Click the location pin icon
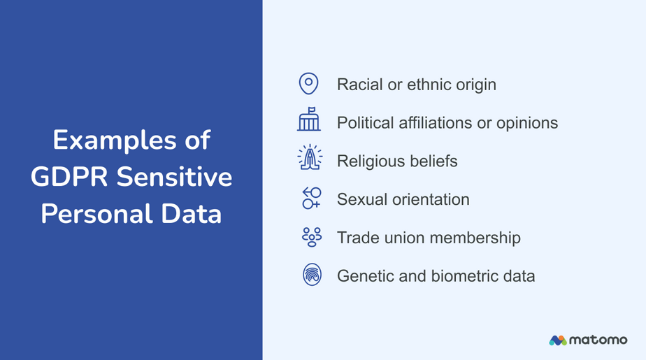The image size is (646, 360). coord(308,84)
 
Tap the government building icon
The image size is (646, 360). coord(309,120)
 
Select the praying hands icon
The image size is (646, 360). coord(310,157)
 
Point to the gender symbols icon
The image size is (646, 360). coord(312,198)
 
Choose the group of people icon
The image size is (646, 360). coord(312,237)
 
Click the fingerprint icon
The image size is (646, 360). coord(313,275)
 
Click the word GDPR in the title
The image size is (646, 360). coord(69,177)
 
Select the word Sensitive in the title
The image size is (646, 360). coord(174,177)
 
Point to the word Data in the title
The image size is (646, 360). coord(191,214)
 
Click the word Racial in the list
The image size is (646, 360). coord(360,85)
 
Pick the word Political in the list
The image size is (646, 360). coord(366,123)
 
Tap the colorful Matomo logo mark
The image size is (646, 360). coord(557,340)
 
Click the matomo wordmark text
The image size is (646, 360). coord(598,340)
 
